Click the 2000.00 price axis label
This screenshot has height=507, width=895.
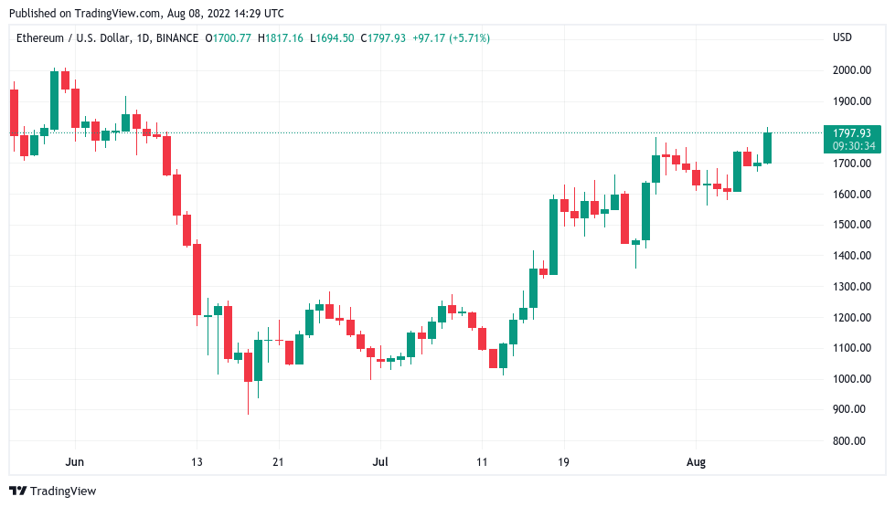click(x=850, y=70)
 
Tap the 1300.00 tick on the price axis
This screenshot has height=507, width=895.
click(x=850, y=286)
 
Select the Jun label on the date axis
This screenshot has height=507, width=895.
click(x=76, y=463)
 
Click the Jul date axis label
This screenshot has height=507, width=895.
click(x=381, y=463)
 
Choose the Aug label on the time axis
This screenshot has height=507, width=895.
click(x=697, y=463)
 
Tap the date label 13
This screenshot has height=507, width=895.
click(x=197, y=463)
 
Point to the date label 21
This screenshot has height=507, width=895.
click(x=278, y=463)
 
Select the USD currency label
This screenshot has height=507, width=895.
click(x=842, y=37)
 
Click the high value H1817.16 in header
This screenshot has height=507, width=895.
click(x=282, y=38)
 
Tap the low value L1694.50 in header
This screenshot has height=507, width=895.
click(x=333, y=38)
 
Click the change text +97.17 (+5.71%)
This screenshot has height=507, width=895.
click(x=451, y=38)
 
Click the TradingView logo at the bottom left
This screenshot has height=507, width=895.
click(x=53, y=491)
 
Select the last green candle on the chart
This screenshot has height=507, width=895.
click(x=767, y=148)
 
